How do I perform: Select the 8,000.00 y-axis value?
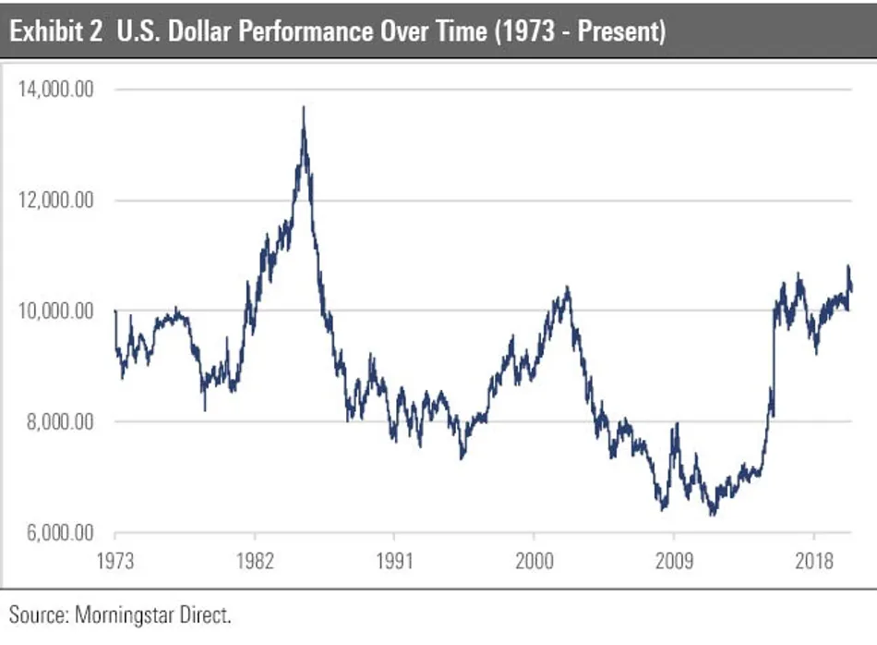[x=59, y=422]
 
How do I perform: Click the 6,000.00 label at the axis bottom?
[x=59, y=533]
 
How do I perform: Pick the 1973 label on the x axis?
[x=115, y=559]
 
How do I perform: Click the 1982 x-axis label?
[x=254, y=559]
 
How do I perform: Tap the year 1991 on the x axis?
[x=394, y=559]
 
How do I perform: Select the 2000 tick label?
[x=534, y=559]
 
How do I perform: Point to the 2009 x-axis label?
[x=673, y=559]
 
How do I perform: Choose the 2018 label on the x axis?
[x=812, y=559]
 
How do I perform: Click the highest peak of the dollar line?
[x=304, y=108]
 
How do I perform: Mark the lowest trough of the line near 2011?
[x=712, y=514]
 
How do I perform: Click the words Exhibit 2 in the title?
[x=55, y=30]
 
